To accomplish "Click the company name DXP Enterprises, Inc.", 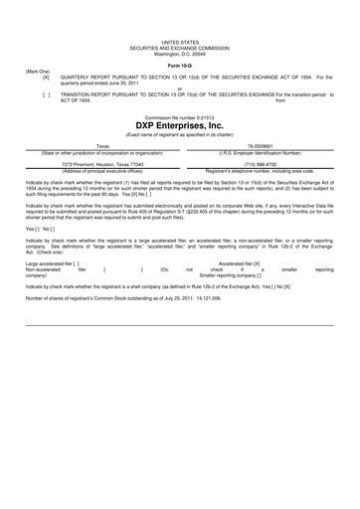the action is [x=180, y=126].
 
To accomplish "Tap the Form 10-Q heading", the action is [x=180, y=66].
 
